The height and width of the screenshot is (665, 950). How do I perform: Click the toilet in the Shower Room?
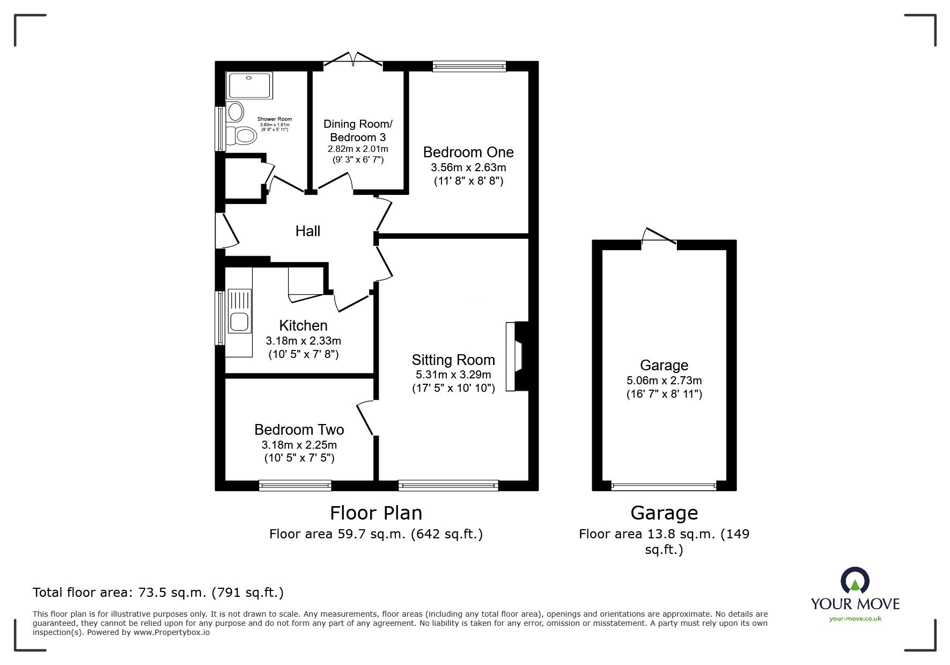(241, 136)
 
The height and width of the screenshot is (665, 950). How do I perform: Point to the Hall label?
(307, 231)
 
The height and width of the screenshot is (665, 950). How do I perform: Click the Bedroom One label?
(468, 152)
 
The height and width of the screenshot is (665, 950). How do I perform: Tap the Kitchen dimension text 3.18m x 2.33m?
(303, 341)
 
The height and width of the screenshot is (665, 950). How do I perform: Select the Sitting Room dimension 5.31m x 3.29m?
(453, 375)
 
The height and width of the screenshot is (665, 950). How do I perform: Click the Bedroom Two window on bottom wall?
(295, 486)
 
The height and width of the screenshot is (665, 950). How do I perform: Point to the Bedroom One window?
(469, 66)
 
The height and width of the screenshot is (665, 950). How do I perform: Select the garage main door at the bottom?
(664, 486)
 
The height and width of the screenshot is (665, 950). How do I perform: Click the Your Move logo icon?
(855, 580)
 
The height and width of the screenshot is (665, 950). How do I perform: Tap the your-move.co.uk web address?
(855, 619)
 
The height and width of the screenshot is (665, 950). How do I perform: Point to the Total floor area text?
(158, 593)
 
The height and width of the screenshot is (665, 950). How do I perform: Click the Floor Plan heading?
(375, 513)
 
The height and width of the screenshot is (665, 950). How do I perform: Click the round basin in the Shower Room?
(235, 112)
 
